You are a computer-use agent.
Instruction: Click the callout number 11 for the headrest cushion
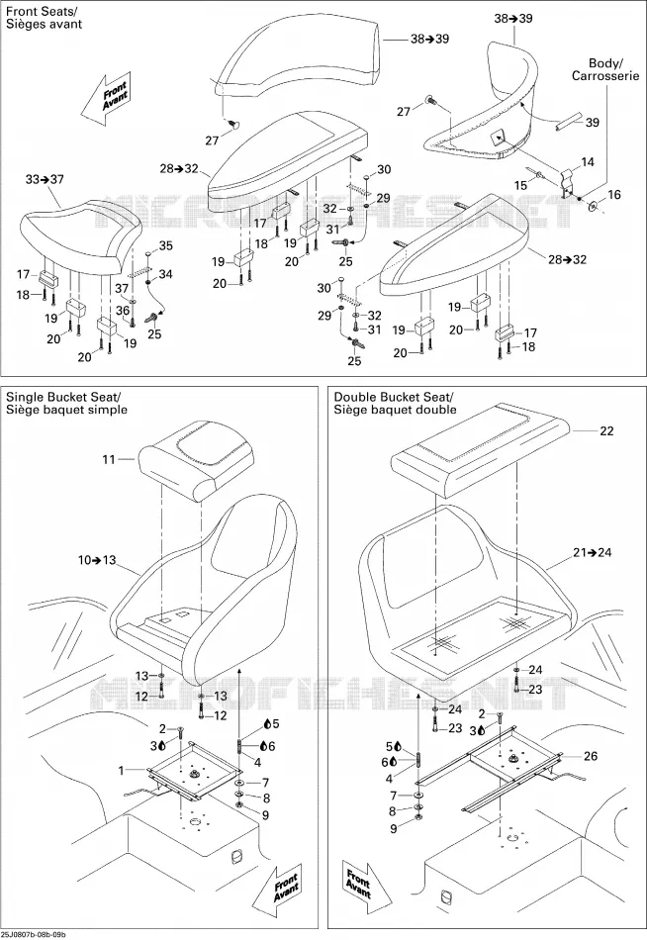click(109, 460)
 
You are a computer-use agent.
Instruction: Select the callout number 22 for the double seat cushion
click(606, 431)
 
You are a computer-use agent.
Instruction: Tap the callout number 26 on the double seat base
click(591, 756)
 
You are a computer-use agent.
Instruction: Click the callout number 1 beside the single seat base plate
click(121, 771)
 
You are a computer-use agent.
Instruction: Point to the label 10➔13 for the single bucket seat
click(97, 560)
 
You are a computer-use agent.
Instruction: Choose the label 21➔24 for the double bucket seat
click(593, 552)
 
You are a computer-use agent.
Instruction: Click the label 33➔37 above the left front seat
click(45, 179)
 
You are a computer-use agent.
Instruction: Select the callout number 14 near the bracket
click(588, 162)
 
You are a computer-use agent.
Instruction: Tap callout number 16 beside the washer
click(614, 194)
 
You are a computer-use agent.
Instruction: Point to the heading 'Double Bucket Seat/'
click(394, 397)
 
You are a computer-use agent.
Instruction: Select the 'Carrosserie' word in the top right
click(605, 76)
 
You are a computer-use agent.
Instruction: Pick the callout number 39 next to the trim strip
click(593, 123)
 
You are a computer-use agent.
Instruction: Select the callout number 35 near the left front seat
click(165, 245)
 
